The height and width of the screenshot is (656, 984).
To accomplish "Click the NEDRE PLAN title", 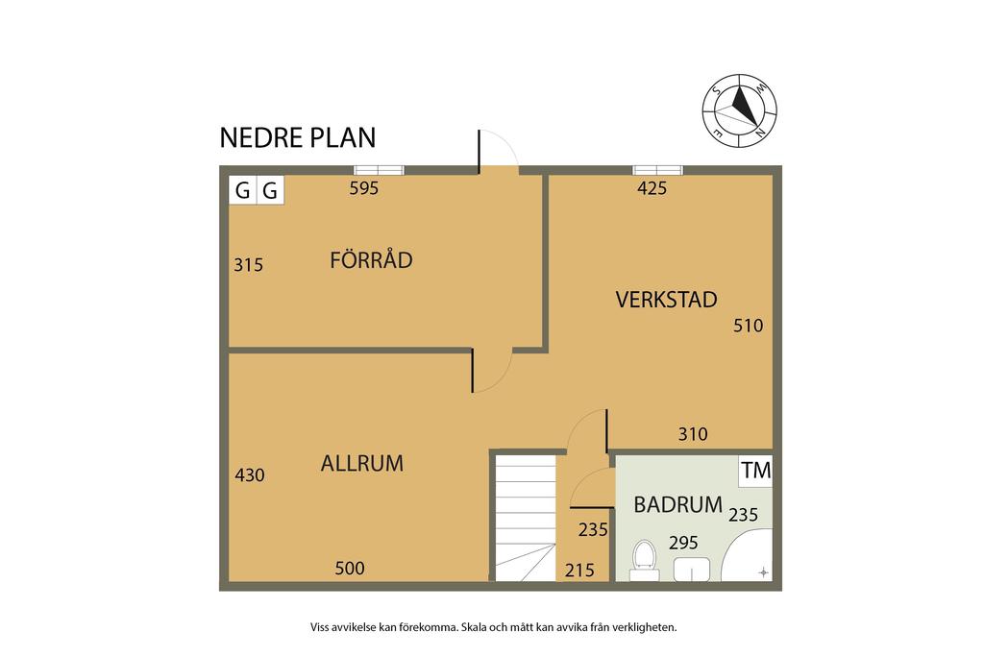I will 297,137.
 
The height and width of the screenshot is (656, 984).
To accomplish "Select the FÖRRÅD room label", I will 371,259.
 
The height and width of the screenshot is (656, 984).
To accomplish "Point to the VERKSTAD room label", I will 666,300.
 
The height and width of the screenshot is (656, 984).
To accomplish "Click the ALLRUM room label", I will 361,464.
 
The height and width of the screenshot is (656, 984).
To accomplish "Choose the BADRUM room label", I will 677,504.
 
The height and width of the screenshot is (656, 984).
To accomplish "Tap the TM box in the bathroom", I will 756,471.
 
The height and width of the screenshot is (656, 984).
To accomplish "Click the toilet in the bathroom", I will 643,560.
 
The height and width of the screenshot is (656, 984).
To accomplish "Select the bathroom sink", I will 691,569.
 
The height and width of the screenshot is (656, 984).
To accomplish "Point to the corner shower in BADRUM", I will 749,560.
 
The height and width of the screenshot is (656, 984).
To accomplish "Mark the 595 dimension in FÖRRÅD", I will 364,188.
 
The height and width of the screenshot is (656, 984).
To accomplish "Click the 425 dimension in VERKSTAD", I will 652,188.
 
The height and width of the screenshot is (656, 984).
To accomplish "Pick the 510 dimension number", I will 748,326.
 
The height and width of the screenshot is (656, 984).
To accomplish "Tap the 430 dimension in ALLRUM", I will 249,474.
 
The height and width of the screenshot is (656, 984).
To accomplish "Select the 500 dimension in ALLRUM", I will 350,568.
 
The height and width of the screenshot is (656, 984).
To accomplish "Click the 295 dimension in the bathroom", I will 683,542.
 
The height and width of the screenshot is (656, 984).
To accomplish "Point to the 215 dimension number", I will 580,571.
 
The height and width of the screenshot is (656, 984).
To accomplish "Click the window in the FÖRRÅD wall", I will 379,171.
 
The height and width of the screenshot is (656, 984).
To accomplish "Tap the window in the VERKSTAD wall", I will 658,171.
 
